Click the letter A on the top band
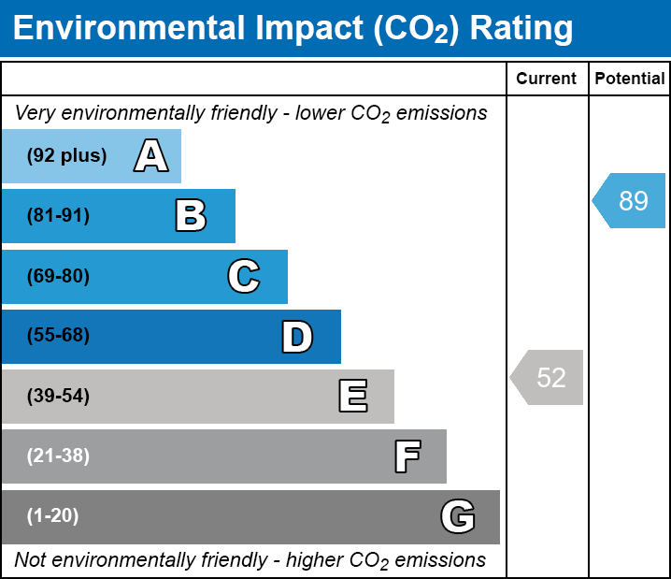click(x=150, y=156)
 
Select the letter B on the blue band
click(x=191, y=216)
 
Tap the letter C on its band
click(x=243, y=277)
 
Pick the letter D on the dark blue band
click(x=297, y=337)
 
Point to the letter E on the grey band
click(x=352, y=397)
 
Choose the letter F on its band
click(x=407, y=456)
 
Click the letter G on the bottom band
click(x=458, y=516)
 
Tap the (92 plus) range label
click(x=66, y=156)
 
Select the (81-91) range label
click(x=58, y=216)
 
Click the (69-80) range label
click(x=58, y=277)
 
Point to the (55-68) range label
click(x=58, y=336)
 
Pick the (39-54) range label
click(x=58, y=397)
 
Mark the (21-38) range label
click(x=58, y=456)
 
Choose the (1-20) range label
click(x=53, y=516)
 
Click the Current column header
click(x=547, y=79)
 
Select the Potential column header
click(x=630, y=79)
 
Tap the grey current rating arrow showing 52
click(x=549, y=378)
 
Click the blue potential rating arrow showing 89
click(x=631, y=201)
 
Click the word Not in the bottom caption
click(x=30, y=560)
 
